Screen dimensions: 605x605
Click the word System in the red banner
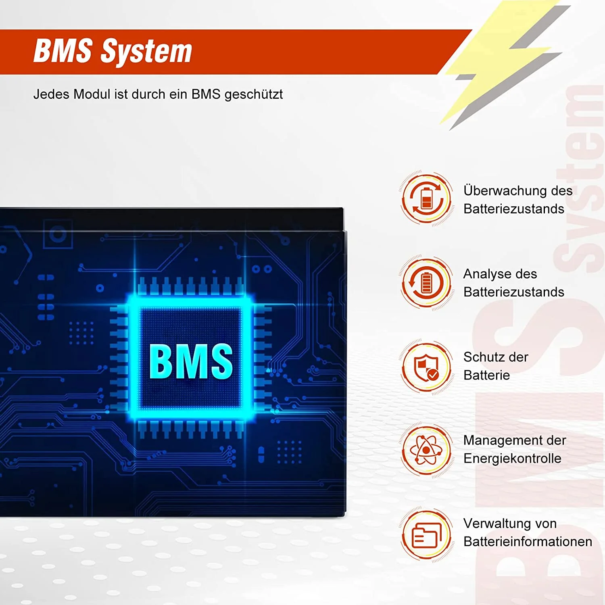tap(146, 52)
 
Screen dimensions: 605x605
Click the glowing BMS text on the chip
tap(191, 361)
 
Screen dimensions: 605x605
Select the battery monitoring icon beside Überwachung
tap(426, 198)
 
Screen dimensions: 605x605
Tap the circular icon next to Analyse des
tap(426, 282)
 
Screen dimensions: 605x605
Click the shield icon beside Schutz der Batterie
tap(426, 367)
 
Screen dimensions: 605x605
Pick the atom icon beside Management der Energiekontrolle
tap(426, 450)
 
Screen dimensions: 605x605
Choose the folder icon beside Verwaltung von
tap(426, 535)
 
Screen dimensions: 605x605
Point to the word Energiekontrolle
tap(512, 459)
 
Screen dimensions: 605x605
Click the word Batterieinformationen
tap(528, 542)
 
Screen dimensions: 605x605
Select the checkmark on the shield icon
tap(433, 375)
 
